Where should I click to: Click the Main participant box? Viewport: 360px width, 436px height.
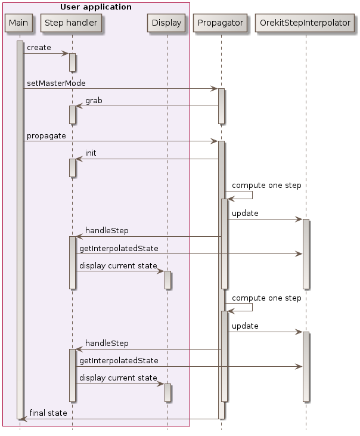(19, 23)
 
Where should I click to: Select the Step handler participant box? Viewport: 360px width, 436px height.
(72, 23)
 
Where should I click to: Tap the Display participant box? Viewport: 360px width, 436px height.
(167, 23)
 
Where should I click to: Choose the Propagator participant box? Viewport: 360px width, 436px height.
(221, 23)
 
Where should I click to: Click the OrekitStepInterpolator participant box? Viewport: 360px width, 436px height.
(305, 23)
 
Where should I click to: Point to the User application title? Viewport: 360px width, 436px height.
(96, 7)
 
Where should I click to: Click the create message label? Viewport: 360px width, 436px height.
(39, 48)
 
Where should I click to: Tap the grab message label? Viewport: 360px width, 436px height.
(94, 101)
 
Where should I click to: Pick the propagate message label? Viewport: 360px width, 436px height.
(46, 136)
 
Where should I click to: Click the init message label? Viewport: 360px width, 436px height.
(91, 153)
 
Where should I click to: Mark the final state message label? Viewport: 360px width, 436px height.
(48, 413)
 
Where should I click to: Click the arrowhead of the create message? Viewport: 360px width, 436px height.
(66, 54)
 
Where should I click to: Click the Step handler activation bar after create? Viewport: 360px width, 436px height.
(72, 62)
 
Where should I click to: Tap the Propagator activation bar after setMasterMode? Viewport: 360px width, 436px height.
(221, 106)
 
